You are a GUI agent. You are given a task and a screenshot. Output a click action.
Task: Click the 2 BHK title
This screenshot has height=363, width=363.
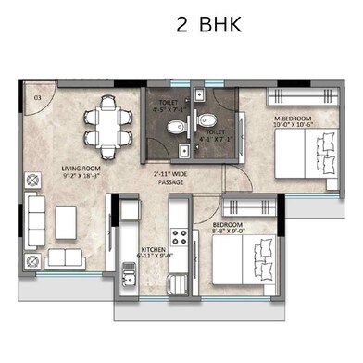click(x=208, y=25)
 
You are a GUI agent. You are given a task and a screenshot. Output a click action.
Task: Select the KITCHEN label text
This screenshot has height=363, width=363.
click(x=154, y=249)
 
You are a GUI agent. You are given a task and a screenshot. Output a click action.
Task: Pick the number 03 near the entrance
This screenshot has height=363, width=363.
click(x=37, y=96)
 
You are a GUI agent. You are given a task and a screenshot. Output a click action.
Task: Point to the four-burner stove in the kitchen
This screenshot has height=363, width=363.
click(x=178, y=238)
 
